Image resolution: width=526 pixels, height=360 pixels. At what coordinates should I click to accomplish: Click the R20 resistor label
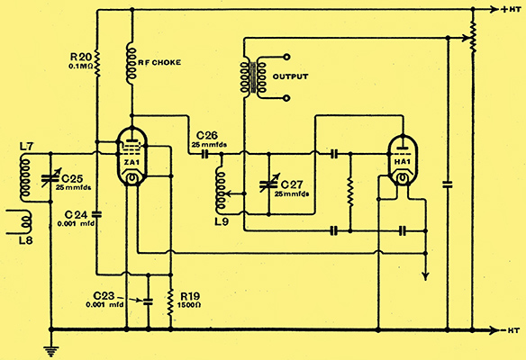tap(81, 57)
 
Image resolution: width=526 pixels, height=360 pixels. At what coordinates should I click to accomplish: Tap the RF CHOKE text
tap(159, 63)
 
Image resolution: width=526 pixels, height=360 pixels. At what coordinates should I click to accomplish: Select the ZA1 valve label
tap(131, 163)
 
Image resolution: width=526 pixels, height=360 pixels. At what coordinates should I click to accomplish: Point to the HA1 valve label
tap(403, 162)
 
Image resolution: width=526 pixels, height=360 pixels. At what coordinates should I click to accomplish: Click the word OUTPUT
tap(290, 76)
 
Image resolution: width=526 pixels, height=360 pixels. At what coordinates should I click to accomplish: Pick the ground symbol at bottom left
tap(51, 350)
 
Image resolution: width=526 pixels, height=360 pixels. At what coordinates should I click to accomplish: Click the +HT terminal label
tap(511, 10)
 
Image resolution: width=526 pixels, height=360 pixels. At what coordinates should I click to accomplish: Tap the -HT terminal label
tap(511, 330)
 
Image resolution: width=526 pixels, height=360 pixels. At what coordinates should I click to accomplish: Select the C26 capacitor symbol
tap(205, 154)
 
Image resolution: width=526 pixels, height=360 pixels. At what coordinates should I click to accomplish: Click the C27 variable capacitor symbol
tap(268, 184)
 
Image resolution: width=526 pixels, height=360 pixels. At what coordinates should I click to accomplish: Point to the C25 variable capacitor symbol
tap(50, 178)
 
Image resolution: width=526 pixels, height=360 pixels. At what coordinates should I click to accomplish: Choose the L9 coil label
tap(222, 221)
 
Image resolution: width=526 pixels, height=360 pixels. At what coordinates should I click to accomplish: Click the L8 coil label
tap(26, 240)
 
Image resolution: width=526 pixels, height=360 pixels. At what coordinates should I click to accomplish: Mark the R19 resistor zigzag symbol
tap(170, 302)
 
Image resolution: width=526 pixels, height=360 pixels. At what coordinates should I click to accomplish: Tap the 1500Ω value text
tap(189, 305)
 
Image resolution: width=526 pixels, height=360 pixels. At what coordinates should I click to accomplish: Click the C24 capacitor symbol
tap(96, 214)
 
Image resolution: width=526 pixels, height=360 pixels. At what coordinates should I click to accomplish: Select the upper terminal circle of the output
tap(286, 57)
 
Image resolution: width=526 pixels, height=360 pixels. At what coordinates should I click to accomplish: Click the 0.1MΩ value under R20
tap(81, 67)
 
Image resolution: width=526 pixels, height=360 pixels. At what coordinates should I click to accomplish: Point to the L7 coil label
tap(26, 147)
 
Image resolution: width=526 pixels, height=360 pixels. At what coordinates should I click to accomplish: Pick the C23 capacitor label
tap(104, 296)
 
